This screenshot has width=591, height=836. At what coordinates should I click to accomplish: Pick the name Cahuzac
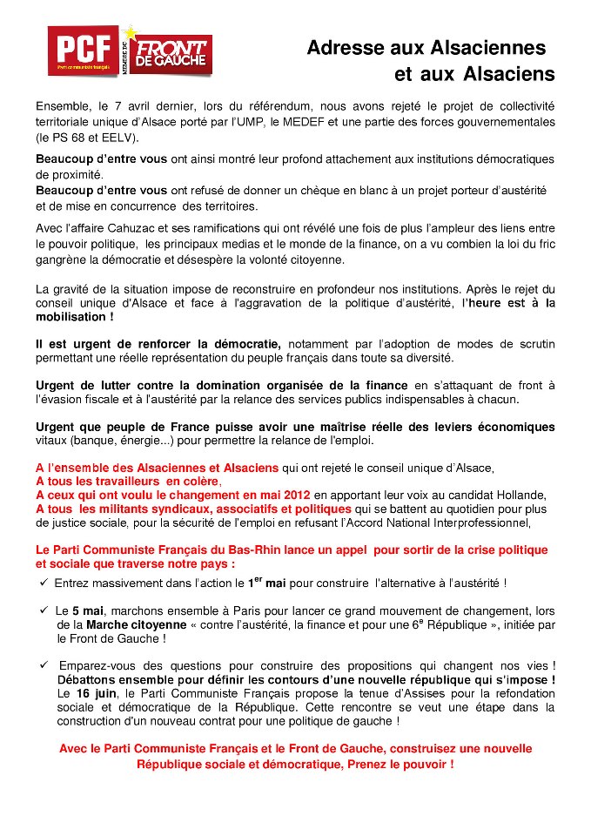(x=144, y=229)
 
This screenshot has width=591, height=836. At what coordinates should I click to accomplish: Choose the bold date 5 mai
(x=87, y=611)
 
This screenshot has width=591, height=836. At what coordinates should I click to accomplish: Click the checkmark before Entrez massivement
(x=43, y=582)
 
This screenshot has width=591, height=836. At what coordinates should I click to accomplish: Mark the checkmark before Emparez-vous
(x=43, y=664)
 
